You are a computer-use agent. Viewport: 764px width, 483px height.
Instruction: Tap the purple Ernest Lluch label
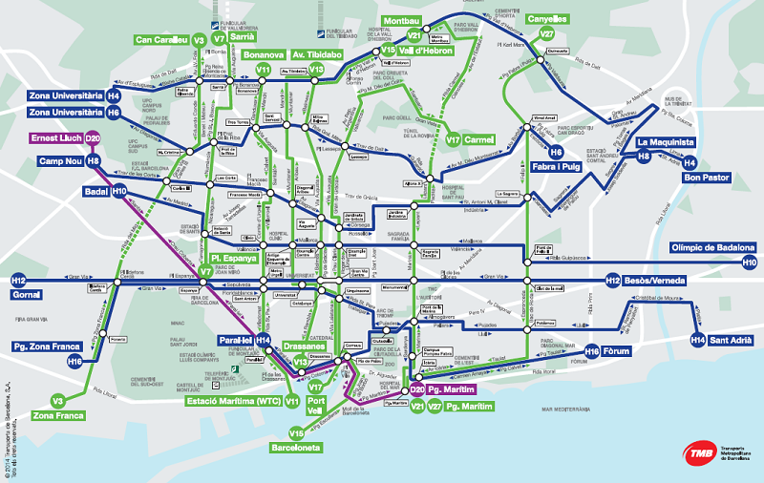(53, 138)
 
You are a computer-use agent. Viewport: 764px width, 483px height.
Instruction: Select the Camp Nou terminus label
(58, 161)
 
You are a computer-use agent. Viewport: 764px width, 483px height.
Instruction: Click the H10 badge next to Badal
(119, 191)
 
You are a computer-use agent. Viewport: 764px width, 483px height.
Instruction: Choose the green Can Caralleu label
(161, 40)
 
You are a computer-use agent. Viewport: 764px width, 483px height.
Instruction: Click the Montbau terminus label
(405, 20)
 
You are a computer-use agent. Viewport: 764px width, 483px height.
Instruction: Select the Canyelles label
(547, 18)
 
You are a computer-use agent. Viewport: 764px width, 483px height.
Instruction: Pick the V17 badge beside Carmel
(454, 139)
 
